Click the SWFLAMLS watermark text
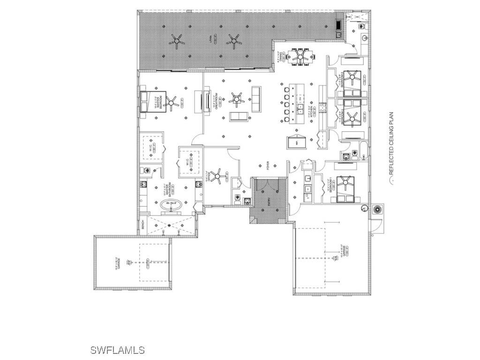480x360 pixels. click(x=117, y=350)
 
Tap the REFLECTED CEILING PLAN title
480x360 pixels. click(x=391, y=143)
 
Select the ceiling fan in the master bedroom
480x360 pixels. click(x=172, y=102)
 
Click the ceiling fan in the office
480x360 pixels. click(x=217, y=176)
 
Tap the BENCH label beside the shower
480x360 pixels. click(x=142, y=225)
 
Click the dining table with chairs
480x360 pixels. click(x=300, y=57)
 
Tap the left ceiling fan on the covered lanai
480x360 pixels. click(x=177, y=41)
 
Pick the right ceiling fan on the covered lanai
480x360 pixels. click(x=233, y=42)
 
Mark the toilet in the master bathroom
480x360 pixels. click(x=147, y=171)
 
